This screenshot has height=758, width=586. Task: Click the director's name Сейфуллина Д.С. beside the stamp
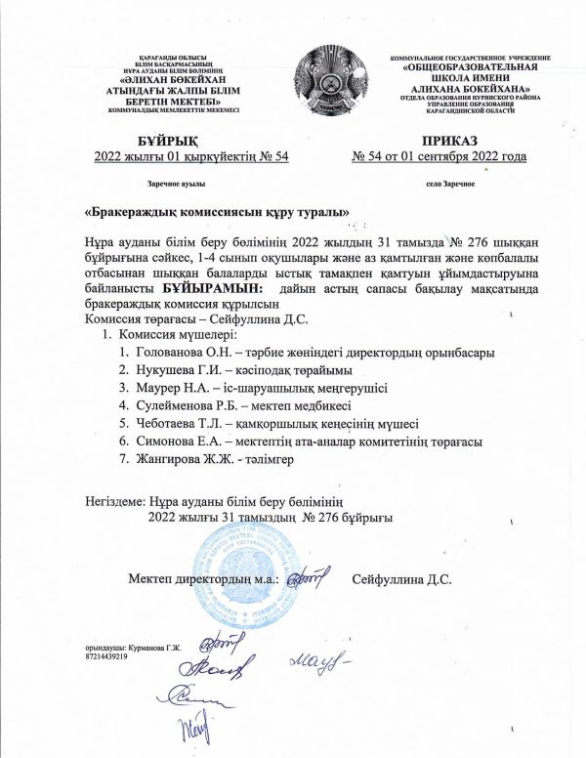(x=401, y=578)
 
